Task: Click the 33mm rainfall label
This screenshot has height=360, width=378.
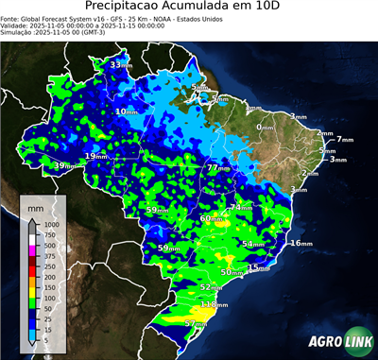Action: [120, 65]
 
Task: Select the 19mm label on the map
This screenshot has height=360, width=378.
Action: [96, 156]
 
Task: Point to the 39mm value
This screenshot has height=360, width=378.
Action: [62, 166]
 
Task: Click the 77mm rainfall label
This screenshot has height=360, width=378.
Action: [218, 167]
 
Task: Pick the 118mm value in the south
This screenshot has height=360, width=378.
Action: [215, 305]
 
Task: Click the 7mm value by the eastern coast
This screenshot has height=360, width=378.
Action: [343, 140]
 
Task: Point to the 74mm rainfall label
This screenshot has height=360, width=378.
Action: [241, 207]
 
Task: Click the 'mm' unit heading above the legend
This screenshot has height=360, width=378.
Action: [35, 205]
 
